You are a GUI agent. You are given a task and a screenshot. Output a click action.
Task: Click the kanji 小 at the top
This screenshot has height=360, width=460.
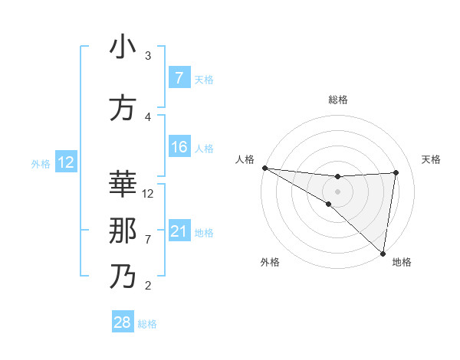pos(123,47)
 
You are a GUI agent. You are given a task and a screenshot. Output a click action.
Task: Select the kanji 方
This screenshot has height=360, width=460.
pos(123,108)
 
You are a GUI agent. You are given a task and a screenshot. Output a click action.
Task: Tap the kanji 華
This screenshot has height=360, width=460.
pos(123,185)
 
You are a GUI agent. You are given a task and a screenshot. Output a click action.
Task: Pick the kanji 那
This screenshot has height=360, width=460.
pos(123,231)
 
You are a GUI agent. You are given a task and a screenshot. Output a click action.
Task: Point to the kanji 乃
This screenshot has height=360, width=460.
pos(123,277)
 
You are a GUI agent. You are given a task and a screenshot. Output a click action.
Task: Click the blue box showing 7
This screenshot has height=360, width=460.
pos(179,78)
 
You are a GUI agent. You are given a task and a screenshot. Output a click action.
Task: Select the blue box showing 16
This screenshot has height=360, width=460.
pos(179,147)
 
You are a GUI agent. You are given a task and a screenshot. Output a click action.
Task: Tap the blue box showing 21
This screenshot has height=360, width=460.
pos(179,231)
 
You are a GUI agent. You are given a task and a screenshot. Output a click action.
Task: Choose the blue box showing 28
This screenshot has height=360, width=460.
pos(123,322)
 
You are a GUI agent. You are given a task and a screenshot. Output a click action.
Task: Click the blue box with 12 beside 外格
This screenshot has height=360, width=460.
pos(66,162)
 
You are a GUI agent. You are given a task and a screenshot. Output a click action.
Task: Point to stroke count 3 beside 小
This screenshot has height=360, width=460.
pos(148,56)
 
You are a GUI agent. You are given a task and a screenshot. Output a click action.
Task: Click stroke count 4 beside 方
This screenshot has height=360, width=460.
pos(148,117)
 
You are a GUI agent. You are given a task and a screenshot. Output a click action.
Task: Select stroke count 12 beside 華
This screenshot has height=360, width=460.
pos(149,194)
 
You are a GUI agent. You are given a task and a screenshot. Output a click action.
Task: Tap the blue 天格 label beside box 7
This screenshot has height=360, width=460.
pos(204,79)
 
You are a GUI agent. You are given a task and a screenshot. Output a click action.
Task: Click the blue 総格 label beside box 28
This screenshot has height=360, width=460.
pos(147,323)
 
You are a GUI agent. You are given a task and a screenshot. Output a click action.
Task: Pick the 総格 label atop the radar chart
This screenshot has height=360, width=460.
pos(337,100)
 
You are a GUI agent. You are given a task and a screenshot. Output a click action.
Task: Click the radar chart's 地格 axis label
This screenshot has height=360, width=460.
pos(402,263)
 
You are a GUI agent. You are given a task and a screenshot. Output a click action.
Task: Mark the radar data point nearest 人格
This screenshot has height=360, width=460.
pos(264,168)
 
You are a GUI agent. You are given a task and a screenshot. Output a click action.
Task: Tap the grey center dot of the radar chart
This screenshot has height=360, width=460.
pos(337,191)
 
